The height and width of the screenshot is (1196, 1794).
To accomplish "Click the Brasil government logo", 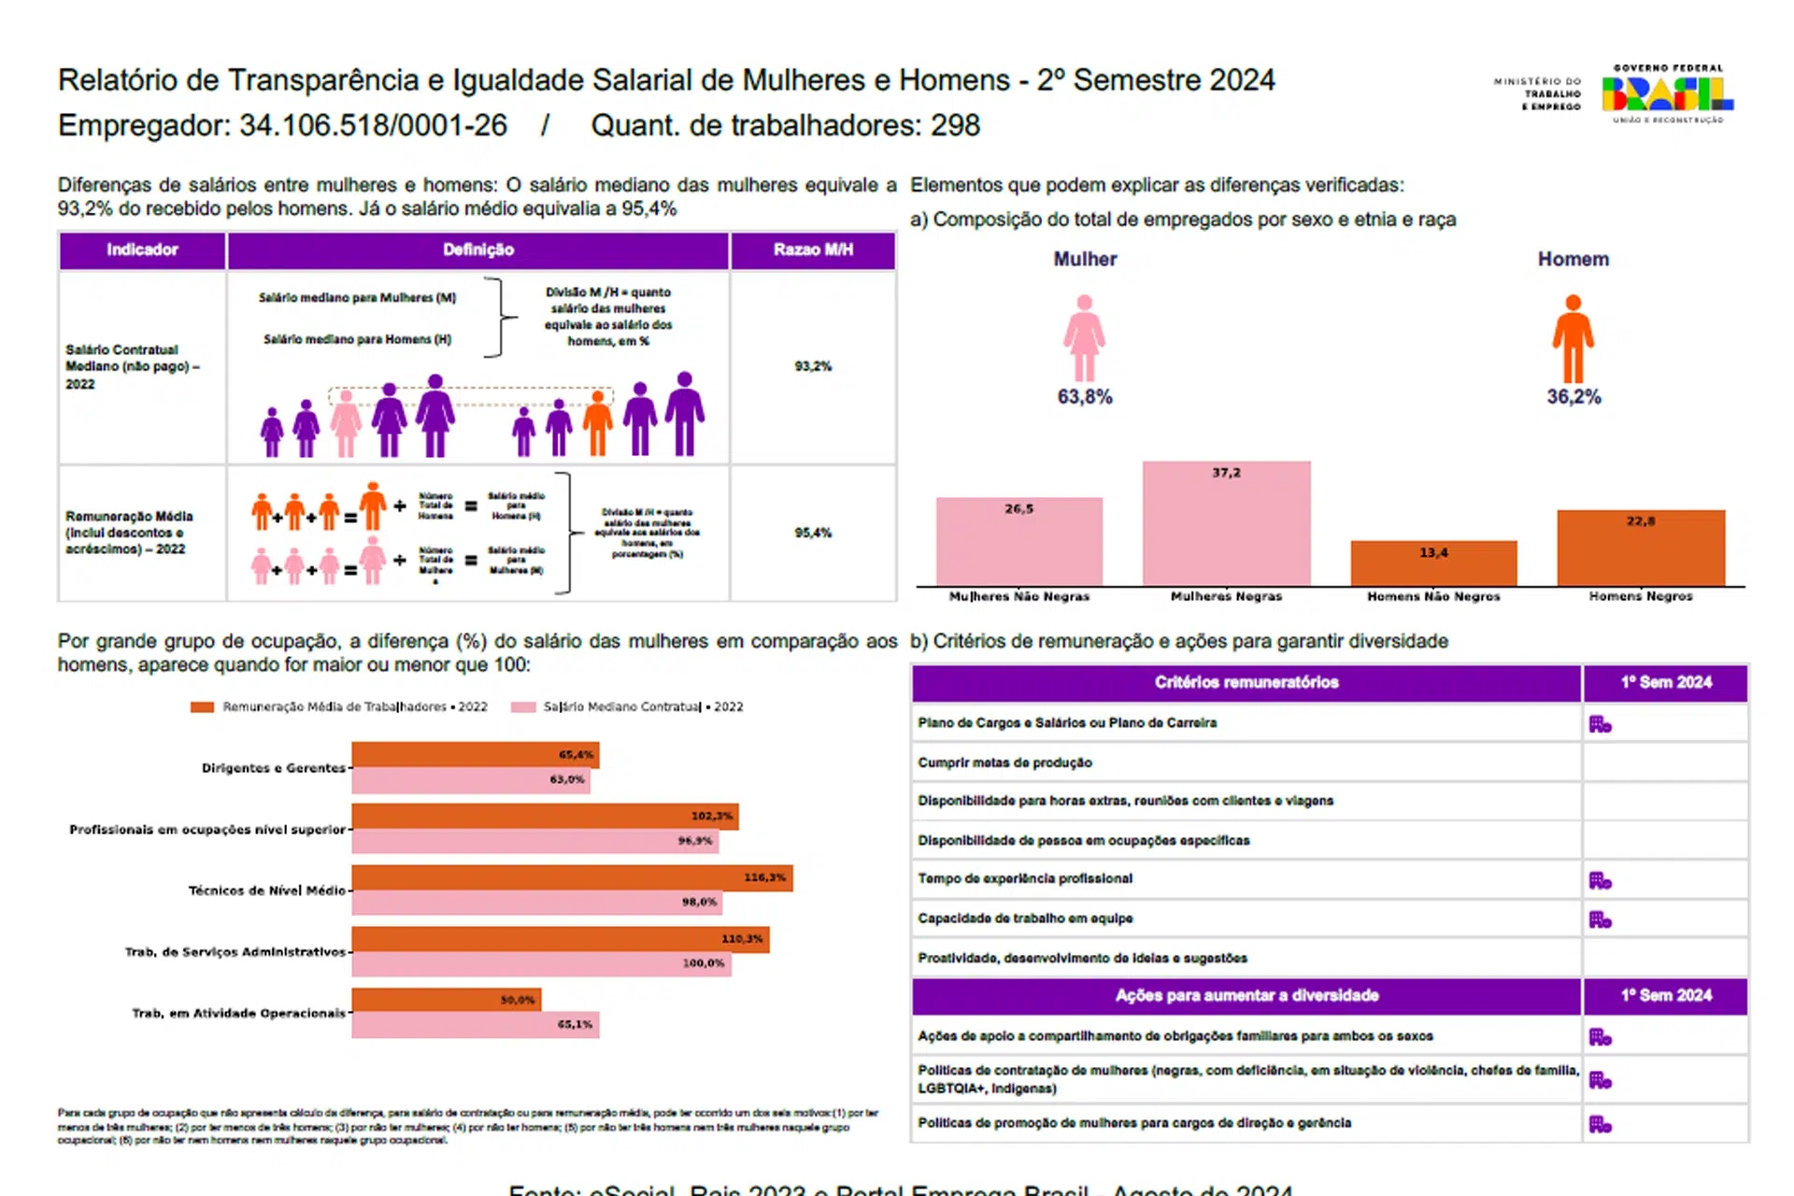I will coord(1667,94).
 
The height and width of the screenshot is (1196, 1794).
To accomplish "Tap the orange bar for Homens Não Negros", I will coord(1433,563).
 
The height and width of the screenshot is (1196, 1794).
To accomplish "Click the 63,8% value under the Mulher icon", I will coord(1084,397).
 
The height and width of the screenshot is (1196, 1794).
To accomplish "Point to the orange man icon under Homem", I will coord(1573,337).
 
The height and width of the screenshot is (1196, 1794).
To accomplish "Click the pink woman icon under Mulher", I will coord(1084,337).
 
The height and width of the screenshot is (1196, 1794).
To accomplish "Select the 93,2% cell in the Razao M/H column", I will coord(813,366).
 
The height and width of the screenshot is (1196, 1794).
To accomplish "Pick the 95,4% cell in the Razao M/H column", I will coord(813,533).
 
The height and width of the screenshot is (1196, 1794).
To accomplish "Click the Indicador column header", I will coord(142,250).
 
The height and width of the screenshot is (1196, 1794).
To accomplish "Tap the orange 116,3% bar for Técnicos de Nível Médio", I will coord(572,878).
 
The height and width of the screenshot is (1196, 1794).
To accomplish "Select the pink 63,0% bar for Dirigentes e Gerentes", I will coord(470,780).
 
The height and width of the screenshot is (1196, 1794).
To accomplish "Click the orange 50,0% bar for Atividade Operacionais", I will coord(446,1000).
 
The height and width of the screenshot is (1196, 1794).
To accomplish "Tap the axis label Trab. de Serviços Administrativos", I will coord(235,952).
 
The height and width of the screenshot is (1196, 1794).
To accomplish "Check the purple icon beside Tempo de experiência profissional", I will coord(1600,880).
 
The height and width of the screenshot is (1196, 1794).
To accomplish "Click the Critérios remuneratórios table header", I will coord(1246,683).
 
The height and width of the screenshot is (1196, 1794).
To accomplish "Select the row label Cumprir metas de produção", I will coord(1004,763).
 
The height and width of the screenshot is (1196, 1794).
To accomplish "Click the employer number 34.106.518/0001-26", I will coord(373,125).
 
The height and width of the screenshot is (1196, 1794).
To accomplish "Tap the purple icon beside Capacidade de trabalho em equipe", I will coord(1600,920).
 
